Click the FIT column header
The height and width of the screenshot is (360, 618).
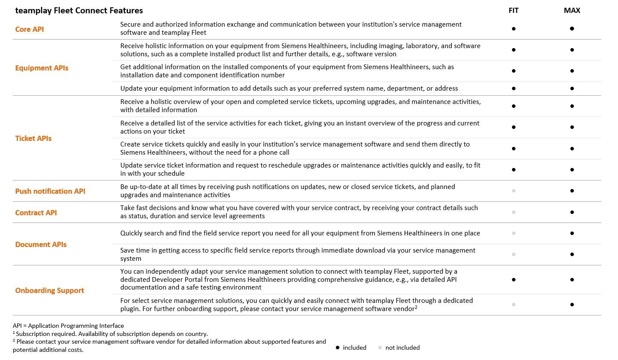coord(513,10)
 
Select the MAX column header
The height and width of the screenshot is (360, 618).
coord(572,10)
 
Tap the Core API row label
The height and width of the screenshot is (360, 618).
coord(29,29)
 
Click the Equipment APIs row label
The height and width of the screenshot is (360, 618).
coord(42,68)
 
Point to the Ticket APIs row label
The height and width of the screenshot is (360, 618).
coord(33,138)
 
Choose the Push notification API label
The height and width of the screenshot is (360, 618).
coord(50,191)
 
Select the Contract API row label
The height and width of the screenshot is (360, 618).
coord(36,213)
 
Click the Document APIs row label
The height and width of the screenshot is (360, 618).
coord(41,244)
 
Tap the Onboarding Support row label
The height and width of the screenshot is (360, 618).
coord(49,290)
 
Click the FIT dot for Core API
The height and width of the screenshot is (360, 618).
coord(514,29)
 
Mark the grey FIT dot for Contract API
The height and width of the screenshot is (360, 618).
coord(514,212)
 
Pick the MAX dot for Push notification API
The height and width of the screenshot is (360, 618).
coord(572,191)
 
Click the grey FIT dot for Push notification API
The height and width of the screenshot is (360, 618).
coord(514,191)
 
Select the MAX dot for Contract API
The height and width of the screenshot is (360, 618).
coord(572,212)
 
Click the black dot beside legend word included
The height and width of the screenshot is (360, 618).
coord(338,348)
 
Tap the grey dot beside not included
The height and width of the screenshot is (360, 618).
coord(380,348)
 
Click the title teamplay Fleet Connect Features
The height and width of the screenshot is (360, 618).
coord(79,10)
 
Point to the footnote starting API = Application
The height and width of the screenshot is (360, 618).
coord(68,326)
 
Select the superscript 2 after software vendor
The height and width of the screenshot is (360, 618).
coord(416,307)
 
